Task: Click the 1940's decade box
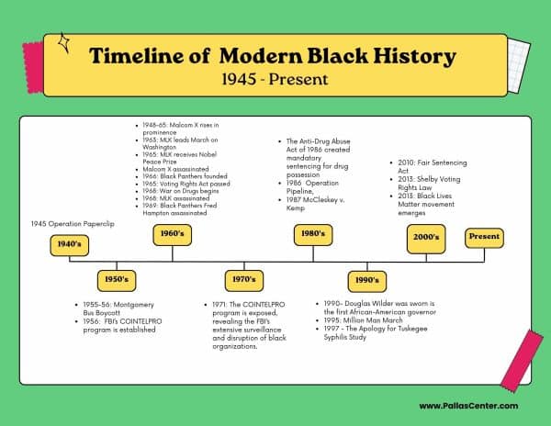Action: (x=71, y=245)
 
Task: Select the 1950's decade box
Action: (x=118, y=277)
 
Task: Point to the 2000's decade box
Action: (x=427, y=237)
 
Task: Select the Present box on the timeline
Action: (x=484, y=237)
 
